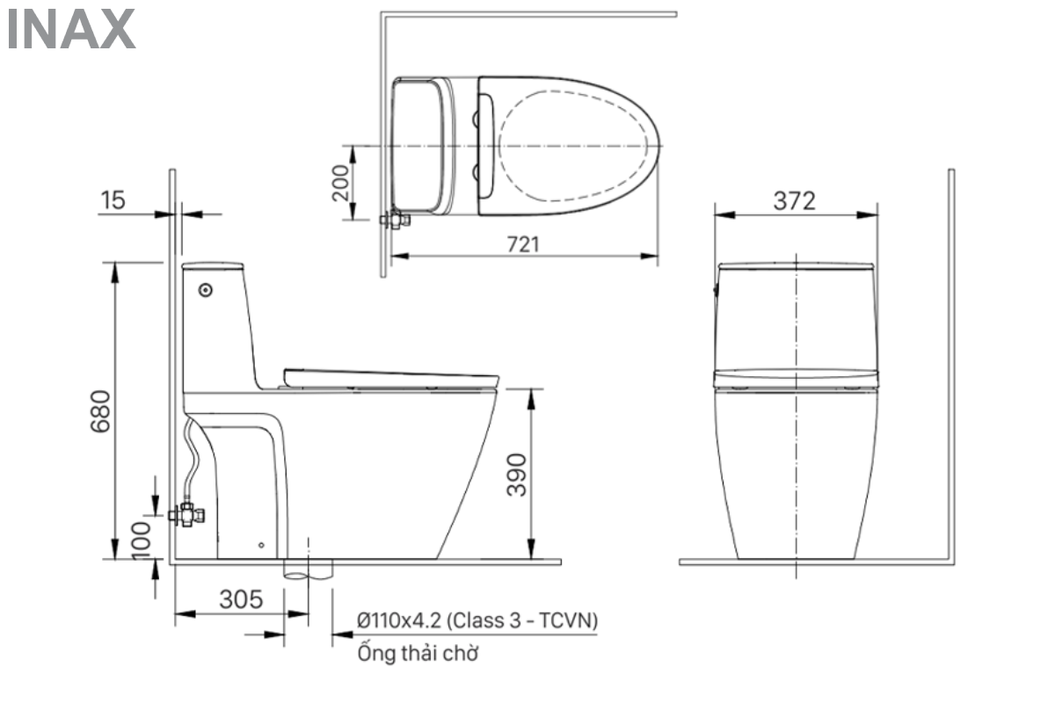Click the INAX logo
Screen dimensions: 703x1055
[x=71, y=29]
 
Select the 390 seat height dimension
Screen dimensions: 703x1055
[x=517, y=475]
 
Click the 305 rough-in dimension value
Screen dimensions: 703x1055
[x=240, y=599]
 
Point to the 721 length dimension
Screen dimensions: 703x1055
[x=524, y=244]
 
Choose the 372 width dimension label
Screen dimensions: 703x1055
[x=794, y=200]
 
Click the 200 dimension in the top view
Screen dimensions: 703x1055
[x=341, y=183]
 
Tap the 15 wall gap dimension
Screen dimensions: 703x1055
[x=113, y=200]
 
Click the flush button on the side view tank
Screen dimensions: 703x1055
[x=207, y=288]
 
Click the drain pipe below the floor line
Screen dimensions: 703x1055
[x=308, y=569]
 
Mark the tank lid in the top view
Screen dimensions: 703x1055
[x=419, y=145]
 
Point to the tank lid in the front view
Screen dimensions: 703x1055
[x=796, y=265]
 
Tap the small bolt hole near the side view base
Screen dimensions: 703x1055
[x=261, y=545]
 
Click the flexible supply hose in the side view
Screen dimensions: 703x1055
[x=192, y=457]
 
